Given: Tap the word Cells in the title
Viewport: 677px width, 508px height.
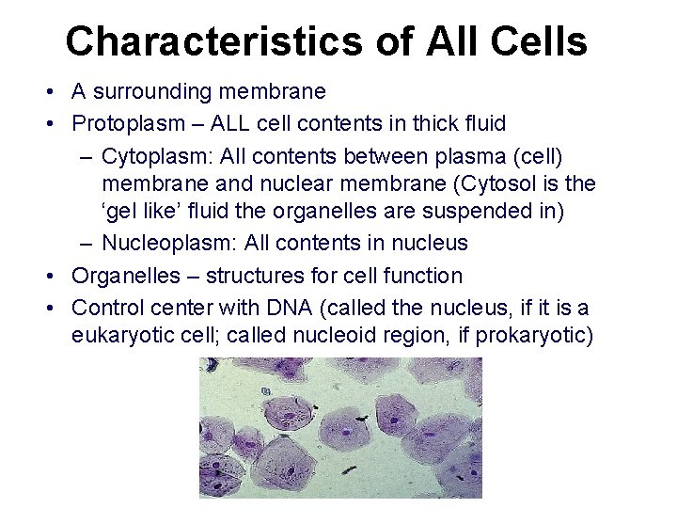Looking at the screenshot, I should pyautogui.click(x=540, y=42).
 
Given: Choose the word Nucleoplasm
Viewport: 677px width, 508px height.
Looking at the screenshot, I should pyautogui.click(x=168, y=243).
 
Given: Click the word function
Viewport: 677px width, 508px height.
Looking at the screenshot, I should pyautogui.click(x=422, y=276).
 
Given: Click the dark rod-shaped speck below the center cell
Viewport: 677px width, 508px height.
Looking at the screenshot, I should pyautogui.click(x=349, y=470).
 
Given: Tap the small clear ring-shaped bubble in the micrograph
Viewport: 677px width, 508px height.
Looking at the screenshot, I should pyautogui.click(x=266, y=391).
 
